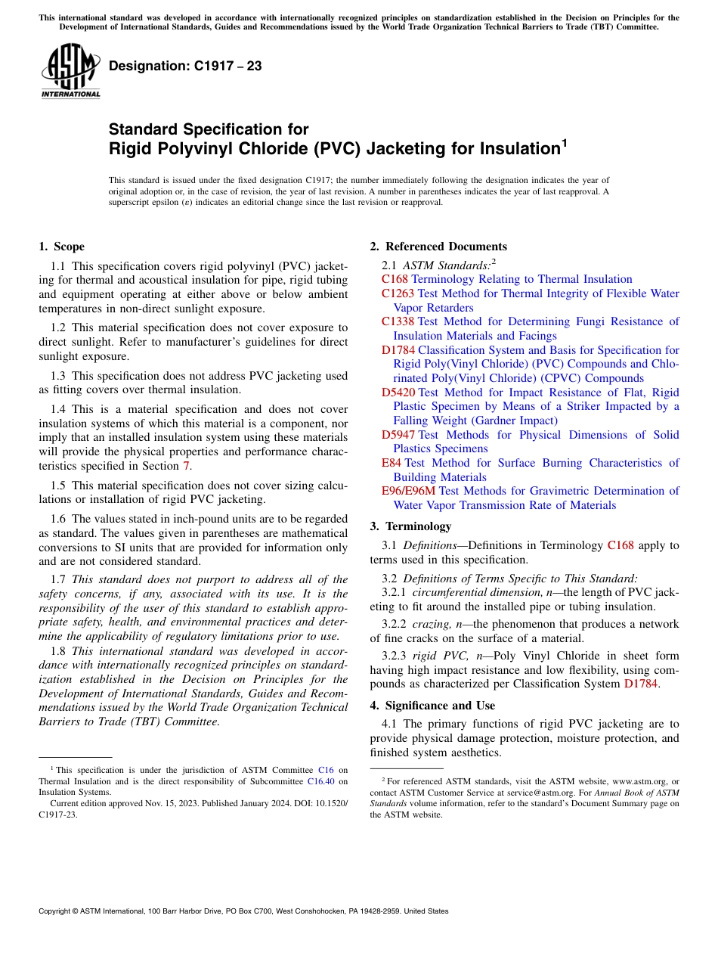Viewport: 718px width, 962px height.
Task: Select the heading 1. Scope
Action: [61, 247]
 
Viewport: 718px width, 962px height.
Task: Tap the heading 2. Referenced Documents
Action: [438, 247]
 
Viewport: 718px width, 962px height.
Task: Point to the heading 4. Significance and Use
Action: [432, 706]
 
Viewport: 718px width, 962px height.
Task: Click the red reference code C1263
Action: [398, 293]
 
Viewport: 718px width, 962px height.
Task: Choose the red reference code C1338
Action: [398, 321]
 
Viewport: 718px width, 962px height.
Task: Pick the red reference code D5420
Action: [398, 393]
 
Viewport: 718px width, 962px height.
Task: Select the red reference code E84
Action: [391, 463]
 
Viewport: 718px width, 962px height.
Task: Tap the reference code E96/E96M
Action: [408, 491]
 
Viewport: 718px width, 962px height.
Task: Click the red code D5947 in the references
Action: [398, 435]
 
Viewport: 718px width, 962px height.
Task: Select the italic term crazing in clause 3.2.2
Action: [431, 625]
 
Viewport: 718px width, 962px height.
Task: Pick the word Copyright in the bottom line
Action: [57, 911]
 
